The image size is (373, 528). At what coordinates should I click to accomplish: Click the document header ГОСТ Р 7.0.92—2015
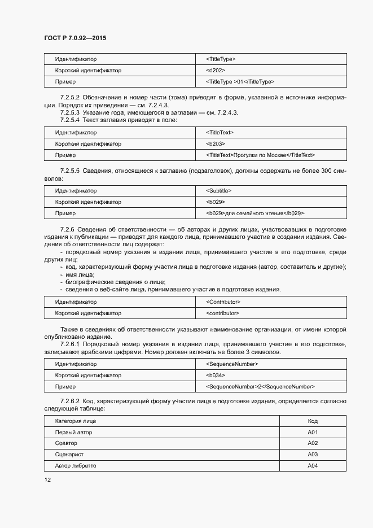75,38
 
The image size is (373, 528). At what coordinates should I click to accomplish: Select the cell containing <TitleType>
221,59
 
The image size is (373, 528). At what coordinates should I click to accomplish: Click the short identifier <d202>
216,71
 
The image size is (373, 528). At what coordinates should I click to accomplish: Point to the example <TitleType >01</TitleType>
240,82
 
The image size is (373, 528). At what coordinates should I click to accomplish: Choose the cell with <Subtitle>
219,191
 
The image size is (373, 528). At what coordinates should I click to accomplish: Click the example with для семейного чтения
256,213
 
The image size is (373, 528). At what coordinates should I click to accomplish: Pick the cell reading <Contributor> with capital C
223,302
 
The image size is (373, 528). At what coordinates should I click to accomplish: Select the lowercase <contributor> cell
223,313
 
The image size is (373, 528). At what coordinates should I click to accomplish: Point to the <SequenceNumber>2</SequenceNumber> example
261,387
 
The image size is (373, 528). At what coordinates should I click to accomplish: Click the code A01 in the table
313,433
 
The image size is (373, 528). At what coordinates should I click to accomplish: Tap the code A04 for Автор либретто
313,466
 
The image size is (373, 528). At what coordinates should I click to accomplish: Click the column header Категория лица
76,421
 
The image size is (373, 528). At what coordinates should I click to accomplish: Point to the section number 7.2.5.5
71,171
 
